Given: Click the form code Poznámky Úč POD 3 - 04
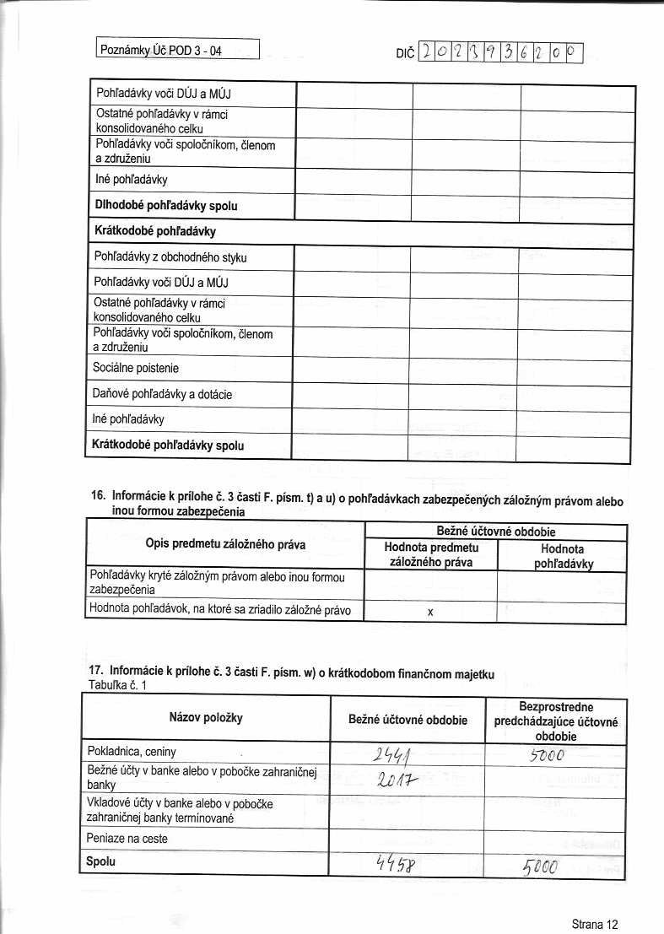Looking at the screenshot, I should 161,51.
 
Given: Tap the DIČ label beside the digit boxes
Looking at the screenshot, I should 405,54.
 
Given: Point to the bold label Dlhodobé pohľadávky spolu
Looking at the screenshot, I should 165,206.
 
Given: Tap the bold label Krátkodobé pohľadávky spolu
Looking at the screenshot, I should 169,445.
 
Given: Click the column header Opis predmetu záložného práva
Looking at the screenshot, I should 225,544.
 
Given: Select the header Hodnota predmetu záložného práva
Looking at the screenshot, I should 430,554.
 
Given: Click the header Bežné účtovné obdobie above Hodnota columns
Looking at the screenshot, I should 494,532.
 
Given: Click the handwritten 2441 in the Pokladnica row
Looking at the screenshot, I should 391,753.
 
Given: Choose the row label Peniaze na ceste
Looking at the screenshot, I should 127,839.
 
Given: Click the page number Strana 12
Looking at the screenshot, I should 595,924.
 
